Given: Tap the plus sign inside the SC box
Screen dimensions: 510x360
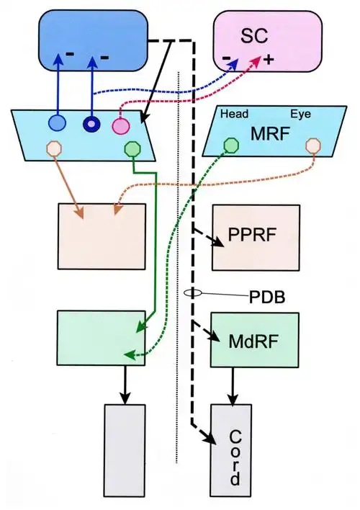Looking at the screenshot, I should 269,61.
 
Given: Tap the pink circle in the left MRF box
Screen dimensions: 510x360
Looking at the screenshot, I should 120,126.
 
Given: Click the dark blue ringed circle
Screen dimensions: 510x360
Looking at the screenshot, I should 91,123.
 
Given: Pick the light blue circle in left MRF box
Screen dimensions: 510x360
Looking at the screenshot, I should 58,123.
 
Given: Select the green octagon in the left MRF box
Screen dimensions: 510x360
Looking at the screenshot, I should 133,149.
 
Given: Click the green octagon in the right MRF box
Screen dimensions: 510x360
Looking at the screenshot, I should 230,145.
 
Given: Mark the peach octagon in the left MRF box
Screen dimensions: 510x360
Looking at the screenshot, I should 54,149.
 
